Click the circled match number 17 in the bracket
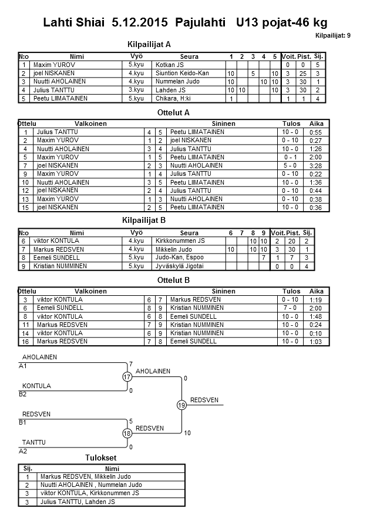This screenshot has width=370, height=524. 127,377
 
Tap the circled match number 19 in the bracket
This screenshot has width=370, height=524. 181,405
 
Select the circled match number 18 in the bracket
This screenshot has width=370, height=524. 127,433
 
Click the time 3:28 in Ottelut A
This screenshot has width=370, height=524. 315,166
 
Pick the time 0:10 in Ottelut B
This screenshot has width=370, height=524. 315,333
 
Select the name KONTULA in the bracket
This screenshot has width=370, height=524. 36,386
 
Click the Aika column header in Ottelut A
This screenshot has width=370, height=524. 317,124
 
